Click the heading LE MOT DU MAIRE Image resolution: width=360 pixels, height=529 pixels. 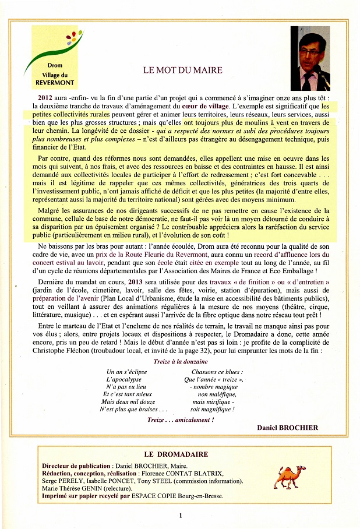pyautogui.click(x=183, y=70)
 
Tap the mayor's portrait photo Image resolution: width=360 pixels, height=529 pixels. pyautogui.click(x=310, y=58)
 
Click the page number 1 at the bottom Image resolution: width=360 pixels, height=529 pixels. pyautogui.click(x=181, y=515)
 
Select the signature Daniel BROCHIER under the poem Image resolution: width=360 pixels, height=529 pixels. pyautogui.click(x=287, y=427)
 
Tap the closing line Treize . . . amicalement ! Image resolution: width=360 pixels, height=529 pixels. pyautogui.click(x=180, y=419)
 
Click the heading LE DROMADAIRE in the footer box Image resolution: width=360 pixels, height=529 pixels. pyautogui.click(x=175, y=454)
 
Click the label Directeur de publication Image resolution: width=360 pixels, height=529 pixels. pyautogui.click(x=76, y=466)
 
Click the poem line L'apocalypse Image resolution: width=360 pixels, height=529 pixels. pyautogui.click(x=123, y=379)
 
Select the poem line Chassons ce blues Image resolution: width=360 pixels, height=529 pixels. pyautogui.click(x=216, y=372)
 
